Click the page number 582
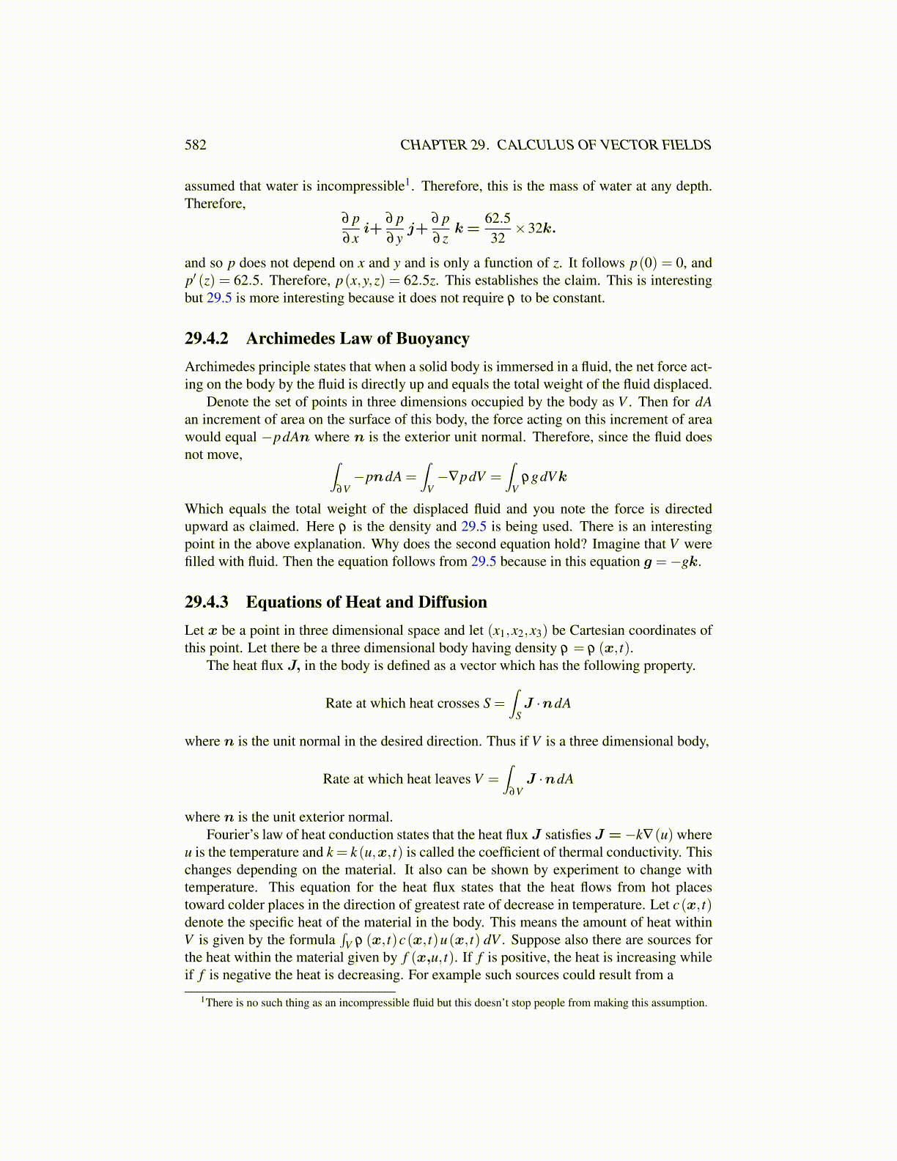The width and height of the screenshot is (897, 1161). pyautogui.click(x=196, y=144)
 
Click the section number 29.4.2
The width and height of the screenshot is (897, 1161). pyautogui.click(x=206, y=339)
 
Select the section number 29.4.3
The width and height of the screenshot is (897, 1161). pyautogui.click(x=206, y=602)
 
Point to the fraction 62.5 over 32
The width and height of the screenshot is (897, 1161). pyautogui.click(x=498, y=228)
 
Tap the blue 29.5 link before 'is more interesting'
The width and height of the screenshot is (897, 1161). pyautogui.click(x=219, y=298)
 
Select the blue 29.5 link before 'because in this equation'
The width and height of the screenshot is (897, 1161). pyautogui.click(x=484, y=562)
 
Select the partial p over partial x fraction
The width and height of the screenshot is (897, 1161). pyautogui.click(x=350, y=228)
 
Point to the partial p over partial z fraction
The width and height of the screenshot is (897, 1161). pyautogui.click(x=440, y=228)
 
